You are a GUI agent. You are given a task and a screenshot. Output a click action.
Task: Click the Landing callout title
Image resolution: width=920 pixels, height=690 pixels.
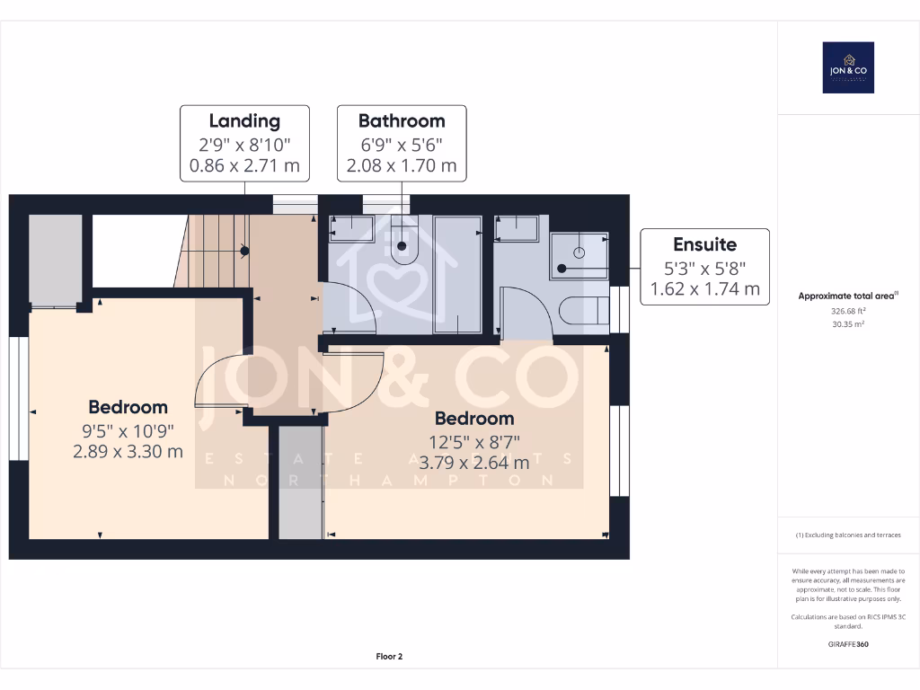244,120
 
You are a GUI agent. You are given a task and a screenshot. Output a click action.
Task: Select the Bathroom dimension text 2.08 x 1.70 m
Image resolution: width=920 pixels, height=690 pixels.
402,165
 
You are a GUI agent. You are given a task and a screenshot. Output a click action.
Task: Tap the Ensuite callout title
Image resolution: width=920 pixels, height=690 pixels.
704,243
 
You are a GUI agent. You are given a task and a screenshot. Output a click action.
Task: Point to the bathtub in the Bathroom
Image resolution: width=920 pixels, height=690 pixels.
458,272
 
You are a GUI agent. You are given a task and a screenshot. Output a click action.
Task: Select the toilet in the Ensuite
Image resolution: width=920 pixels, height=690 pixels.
584,311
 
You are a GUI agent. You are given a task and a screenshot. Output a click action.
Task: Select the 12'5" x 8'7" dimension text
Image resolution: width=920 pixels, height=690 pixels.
474,441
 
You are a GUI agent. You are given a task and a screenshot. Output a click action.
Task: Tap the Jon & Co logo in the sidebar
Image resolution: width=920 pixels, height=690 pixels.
848,68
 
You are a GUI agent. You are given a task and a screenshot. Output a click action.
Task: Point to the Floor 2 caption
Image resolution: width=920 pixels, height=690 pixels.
389,657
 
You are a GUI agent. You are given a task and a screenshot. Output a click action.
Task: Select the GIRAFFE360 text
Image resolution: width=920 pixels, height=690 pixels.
848,643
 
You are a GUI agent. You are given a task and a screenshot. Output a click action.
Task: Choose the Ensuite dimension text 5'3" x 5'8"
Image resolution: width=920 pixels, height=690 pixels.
704,267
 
